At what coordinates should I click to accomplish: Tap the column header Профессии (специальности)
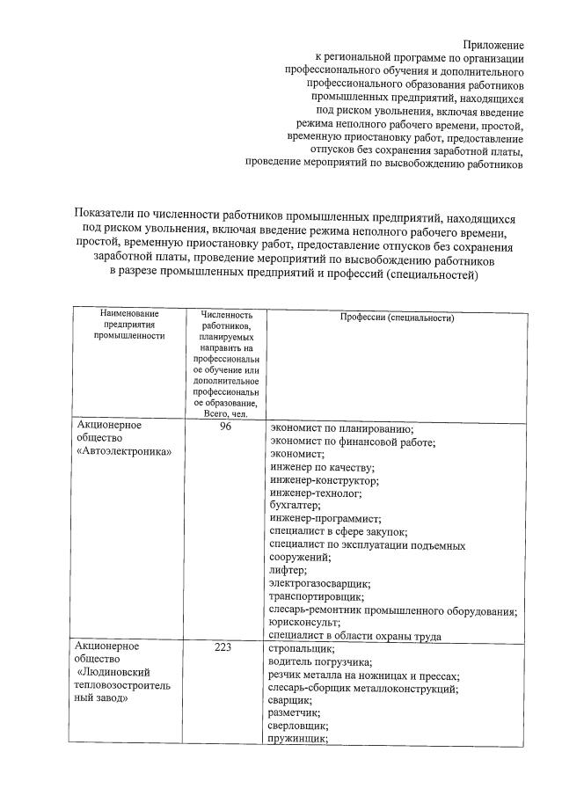click(397, 318)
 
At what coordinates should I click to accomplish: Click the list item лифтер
click(288, 570)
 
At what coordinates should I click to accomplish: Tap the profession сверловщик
click(298, 726)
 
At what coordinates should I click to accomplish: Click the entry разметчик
click(294, 712)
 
